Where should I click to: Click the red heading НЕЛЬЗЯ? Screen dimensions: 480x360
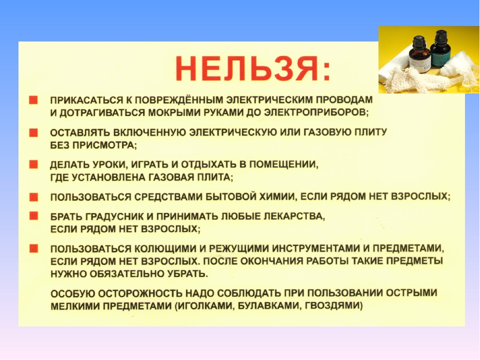pos(253,69)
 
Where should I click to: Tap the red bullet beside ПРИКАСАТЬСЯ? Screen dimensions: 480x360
pos(33,100)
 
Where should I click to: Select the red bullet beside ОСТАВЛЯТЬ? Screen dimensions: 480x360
pos(33,132)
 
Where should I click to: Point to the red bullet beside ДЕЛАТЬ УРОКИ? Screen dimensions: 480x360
pos(33,164)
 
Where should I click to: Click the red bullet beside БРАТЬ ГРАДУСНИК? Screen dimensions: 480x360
pos(33,216)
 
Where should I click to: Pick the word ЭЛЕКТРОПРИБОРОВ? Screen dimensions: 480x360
pos(316,112)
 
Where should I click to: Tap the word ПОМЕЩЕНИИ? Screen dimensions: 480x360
pos(283,164)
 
